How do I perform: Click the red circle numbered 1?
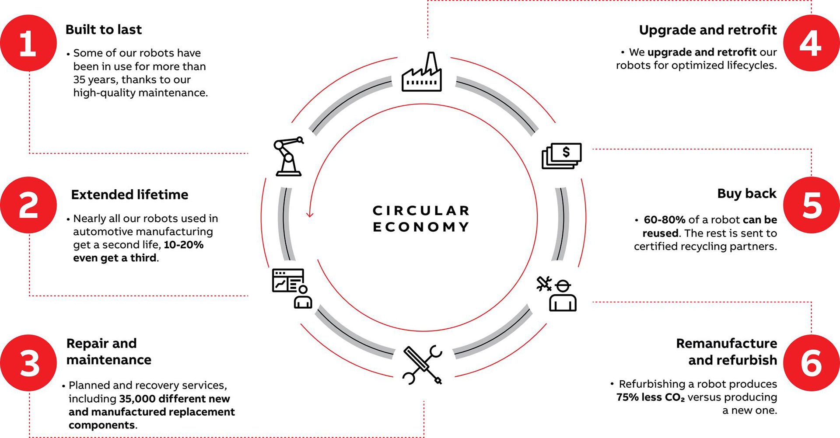(28, 43)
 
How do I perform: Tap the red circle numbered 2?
(28, 205)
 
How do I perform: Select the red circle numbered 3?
(28, 363)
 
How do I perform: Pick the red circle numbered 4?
(811, 43)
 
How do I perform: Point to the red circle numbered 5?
(811, 205)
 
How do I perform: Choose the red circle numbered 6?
(811, 363)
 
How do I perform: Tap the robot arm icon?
(288, 156)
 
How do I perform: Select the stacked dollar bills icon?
(562, 156)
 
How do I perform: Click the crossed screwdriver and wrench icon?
(422, 365)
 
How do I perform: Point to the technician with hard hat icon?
(557, 294)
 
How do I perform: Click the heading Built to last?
(104, 30)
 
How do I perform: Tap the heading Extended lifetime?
(129, 195)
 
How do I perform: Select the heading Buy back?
(747, 194)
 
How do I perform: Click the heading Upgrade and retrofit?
(708, 30)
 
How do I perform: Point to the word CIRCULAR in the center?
(421, 211)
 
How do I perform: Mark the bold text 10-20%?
(184, 245)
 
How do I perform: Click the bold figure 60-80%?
(664, 220)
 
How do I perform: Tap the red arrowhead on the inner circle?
(310, 214)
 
